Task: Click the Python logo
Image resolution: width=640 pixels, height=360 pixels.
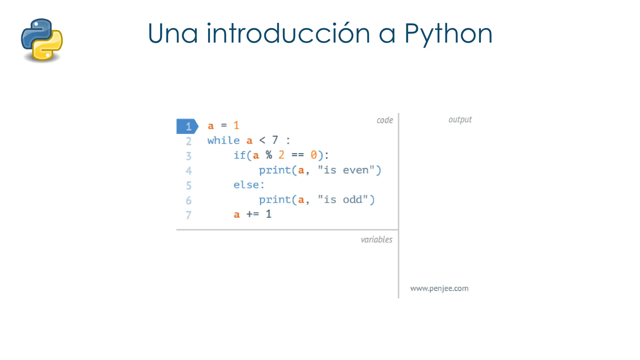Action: tap(42, 40)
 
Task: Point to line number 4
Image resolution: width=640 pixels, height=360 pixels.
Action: tap(188, 171)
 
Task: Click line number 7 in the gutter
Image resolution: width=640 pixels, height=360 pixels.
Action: tap(188, 215)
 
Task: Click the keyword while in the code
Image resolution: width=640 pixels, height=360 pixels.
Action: tap(223, 141)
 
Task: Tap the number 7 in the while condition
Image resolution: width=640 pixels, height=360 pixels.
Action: tap(275, 140)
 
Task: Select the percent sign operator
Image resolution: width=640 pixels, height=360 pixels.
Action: tap(269, 155)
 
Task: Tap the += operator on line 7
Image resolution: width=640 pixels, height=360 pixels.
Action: tap(252, 214)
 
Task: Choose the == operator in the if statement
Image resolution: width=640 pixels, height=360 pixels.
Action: tap(297, 155)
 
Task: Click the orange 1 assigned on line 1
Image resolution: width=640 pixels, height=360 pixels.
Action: tap(236, 126)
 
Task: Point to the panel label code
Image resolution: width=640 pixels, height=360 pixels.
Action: tap(385, 120)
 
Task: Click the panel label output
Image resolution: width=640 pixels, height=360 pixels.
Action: tap(460, 120)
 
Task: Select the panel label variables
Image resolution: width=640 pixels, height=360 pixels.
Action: tap(376, 240)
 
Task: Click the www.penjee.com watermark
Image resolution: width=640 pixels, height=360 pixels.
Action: tap(439, 288)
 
